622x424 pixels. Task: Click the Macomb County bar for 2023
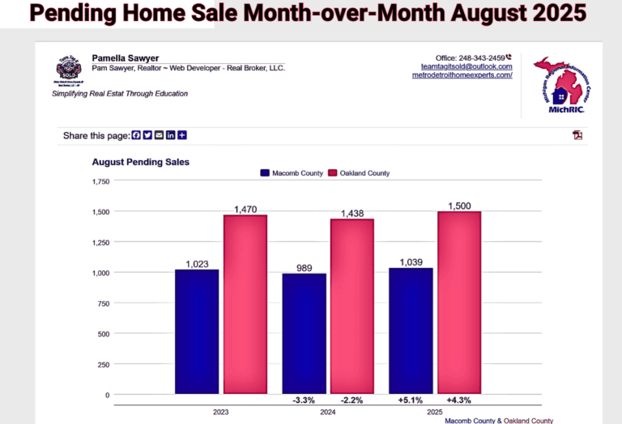(x=197, y=332)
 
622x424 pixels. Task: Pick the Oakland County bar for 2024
(x=352, y=307)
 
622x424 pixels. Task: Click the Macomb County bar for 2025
(x=411, y=331)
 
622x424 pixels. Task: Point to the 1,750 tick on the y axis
(x=101, y=181)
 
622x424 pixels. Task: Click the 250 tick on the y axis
(x=104, y=364)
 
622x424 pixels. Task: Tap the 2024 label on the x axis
(x=328, y=412)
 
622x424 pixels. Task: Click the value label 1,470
(x=245, y=209)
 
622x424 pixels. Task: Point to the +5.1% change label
(x=411, y=400)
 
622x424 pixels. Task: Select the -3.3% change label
(x=304, y=400)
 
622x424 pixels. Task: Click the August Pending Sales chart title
(x=140, y=162)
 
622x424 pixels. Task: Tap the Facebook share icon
(x=136, y=135)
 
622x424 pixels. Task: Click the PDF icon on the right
(x=577, y=134)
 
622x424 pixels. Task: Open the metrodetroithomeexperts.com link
(x=462, y=75)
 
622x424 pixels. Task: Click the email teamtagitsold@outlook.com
(x=466, y=66)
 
